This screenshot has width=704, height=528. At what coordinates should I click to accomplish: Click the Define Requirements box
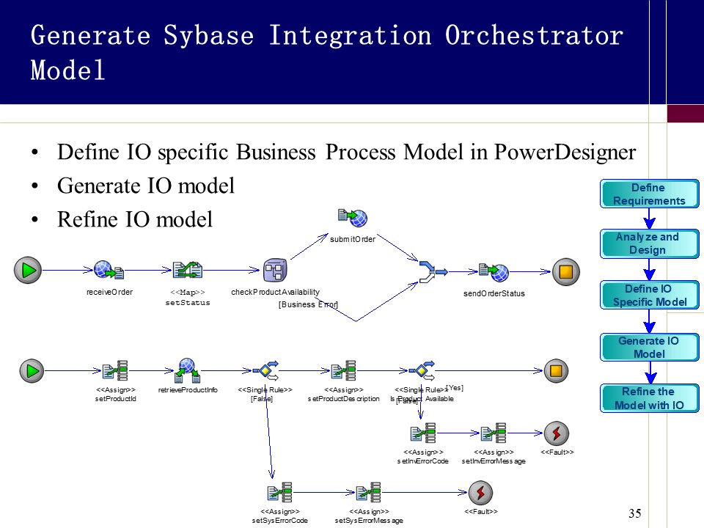pyautogui.click(x=649, y=194)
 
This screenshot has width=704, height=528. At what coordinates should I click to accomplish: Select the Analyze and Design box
pyautogui.click(x=649, y=243)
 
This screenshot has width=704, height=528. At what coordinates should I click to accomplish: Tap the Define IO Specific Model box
pyautogui.click(x=649, y=296)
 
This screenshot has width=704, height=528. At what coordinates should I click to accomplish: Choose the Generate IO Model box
pyautogui.click(x=649, y=348)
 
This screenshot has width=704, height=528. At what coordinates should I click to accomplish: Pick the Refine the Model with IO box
pyautogui.click(x=649, y=398)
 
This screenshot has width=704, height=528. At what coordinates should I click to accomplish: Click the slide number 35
pyautogui.click(x=635, y=513)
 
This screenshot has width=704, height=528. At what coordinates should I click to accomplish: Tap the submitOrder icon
pyautogui.click(x=352, y=217)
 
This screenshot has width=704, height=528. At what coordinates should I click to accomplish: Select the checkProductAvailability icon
pyautogui.click(x=275, y=271)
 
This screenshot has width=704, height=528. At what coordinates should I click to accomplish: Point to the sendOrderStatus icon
pyautogui.click(x=494, y=272)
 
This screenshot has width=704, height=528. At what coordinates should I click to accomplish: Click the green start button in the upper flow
pyautogui.click(x=28, y=271)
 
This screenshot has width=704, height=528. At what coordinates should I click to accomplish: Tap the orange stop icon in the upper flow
pyautogui.click(x=565, y=272)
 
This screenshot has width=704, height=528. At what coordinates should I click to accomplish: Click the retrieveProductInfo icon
pyautogui.click(x=188, y=370)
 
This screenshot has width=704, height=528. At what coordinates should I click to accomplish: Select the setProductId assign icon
pyautogui.click(x=116, y=371)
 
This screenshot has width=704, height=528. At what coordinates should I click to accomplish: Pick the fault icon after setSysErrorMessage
pyautogui.click(x=480, y=491)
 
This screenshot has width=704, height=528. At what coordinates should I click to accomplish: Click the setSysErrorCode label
pyautogui.click(x=279, y=520)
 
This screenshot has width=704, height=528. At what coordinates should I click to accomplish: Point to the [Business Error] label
pyautogui.click(x=308, y=304)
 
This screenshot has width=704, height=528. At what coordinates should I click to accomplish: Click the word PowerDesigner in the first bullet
pyautogui.click(x=565, y=153)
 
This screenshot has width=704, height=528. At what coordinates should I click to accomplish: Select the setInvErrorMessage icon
pyautogui.click(x=493, y=433)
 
